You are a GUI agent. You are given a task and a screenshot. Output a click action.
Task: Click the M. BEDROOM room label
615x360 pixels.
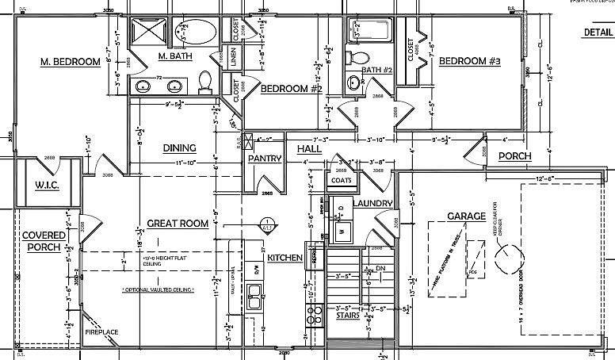coord(71,62)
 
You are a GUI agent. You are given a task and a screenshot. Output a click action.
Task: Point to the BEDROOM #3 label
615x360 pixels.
coord(470,62)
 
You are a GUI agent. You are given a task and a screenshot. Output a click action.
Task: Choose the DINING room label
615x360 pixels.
coord(180,147)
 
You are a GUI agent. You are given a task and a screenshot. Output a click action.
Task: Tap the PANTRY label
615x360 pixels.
coord(265,159)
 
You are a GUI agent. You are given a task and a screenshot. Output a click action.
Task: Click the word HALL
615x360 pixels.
coord(309,149)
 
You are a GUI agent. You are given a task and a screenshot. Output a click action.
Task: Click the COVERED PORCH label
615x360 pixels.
coord(43,241)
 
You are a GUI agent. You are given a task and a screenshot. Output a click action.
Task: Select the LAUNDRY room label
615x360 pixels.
coord(372,204)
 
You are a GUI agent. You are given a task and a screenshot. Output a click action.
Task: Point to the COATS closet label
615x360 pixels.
coord(342,180)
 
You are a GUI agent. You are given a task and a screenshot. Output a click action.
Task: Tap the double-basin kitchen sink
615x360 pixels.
coord(256,302)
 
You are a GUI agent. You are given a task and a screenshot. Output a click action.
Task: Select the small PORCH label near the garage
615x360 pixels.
coord(514,156)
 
